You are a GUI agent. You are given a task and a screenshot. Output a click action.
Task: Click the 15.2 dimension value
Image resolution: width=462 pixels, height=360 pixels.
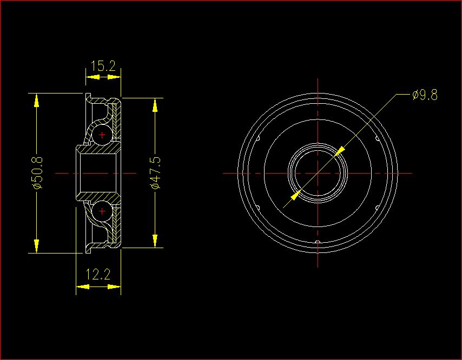[103, 66]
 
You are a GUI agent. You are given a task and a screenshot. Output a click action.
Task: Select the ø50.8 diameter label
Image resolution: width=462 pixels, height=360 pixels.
[37, 173]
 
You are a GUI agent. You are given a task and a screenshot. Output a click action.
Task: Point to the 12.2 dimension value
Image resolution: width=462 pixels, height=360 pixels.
[98, 275]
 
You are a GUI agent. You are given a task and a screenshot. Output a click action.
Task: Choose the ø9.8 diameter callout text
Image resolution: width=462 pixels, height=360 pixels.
[425, 95]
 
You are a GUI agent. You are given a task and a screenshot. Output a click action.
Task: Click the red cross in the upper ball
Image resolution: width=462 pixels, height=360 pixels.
[102, 135]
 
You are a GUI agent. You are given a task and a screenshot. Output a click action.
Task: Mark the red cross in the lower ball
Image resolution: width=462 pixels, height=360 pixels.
[102, 211]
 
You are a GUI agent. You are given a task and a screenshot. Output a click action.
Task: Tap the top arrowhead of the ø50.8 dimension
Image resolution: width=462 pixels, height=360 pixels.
[36, 100]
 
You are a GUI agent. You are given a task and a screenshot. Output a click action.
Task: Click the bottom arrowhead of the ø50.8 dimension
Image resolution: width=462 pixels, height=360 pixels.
[36, 246]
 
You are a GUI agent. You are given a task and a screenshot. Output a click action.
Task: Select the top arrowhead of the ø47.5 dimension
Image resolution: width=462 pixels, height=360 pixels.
[155, 105]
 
